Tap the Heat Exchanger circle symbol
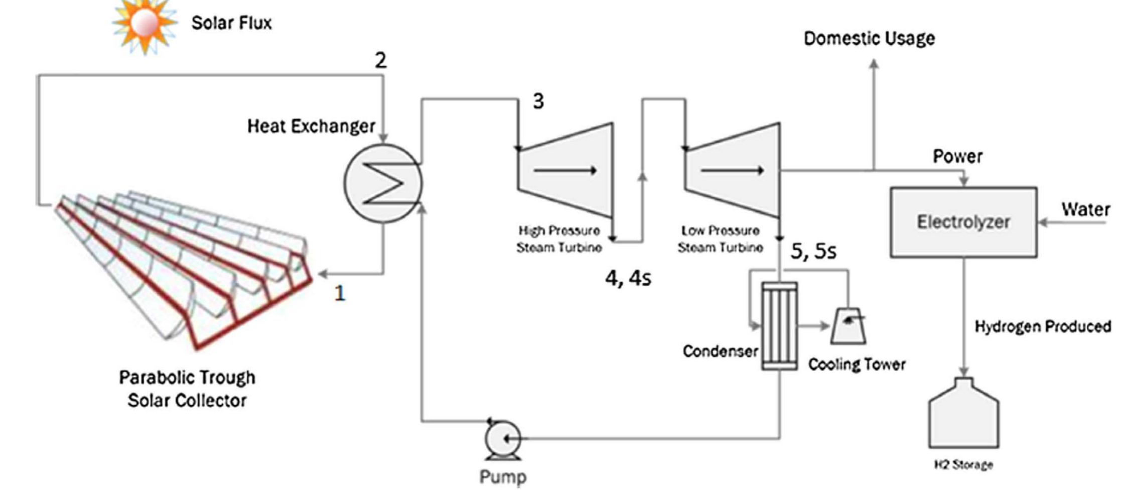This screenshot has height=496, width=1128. coord(383,183)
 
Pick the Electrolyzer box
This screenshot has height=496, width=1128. coord(963,222)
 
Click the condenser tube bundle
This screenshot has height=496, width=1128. coord(779,326)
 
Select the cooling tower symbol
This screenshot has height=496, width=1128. coord(848,326)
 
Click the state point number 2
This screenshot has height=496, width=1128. coord(381,61)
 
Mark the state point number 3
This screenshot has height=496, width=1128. coord(538,101)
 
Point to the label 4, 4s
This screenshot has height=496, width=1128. coord(628,278)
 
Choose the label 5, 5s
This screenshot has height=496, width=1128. coord(813,251)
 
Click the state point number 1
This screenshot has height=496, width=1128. coord(340,293)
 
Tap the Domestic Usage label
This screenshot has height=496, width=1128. coord(869,39)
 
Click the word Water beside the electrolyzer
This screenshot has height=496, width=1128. coord(1085,209)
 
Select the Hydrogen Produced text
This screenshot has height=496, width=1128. coord(1042,327)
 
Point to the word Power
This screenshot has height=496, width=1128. coord(957,157)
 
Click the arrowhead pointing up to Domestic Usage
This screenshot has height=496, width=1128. coord(874,64)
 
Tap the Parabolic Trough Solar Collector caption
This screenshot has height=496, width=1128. coord(187,389)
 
